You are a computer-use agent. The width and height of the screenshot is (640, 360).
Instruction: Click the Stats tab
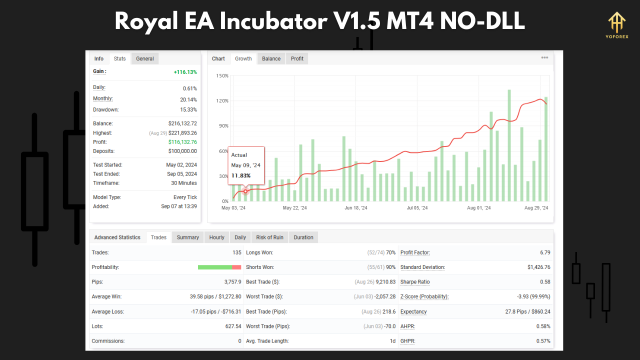click(x=119, y=58)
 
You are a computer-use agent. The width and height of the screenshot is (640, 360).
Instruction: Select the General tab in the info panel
click(x=145, y=58)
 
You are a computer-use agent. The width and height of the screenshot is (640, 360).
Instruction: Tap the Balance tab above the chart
click(x=271, y=58)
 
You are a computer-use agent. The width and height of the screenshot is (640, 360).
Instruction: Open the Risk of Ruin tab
click(x=269, y=237)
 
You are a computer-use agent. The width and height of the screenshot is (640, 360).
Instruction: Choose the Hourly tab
click(x=216, y=237)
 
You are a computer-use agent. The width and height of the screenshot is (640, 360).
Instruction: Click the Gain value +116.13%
click(x=185, y=72)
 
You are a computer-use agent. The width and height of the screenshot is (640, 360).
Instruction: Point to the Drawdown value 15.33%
click(x=188, y=109)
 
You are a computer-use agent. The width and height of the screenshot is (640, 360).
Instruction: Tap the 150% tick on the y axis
click(x=222, y=76)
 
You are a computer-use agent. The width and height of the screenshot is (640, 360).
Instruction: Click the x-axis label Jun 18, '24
click(x=356, y=208)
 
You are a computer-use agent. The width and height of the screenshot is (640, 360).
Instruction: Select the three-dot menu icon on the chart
click(x=544, y=57)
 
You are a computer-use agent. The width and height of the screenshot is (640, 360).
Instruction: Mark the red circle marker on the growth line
click(x=245, y=191)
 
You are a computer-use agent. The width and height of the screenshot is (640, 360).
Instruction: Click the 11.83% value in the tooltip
click(x=241, y=175)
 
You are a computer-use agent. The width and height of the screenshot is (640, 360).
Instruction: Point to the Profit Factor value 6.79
click(x=545, y=252)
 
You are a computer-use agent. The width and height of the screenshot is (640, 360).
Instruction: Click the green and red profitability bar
click(x=219, y=267)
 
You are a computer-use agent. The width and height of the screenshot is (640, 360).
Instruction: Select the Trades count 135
click(x=236, y=252)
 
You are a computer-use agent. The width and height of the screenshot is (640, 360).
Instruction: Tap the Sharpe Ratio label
click(x=414, y=282)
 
